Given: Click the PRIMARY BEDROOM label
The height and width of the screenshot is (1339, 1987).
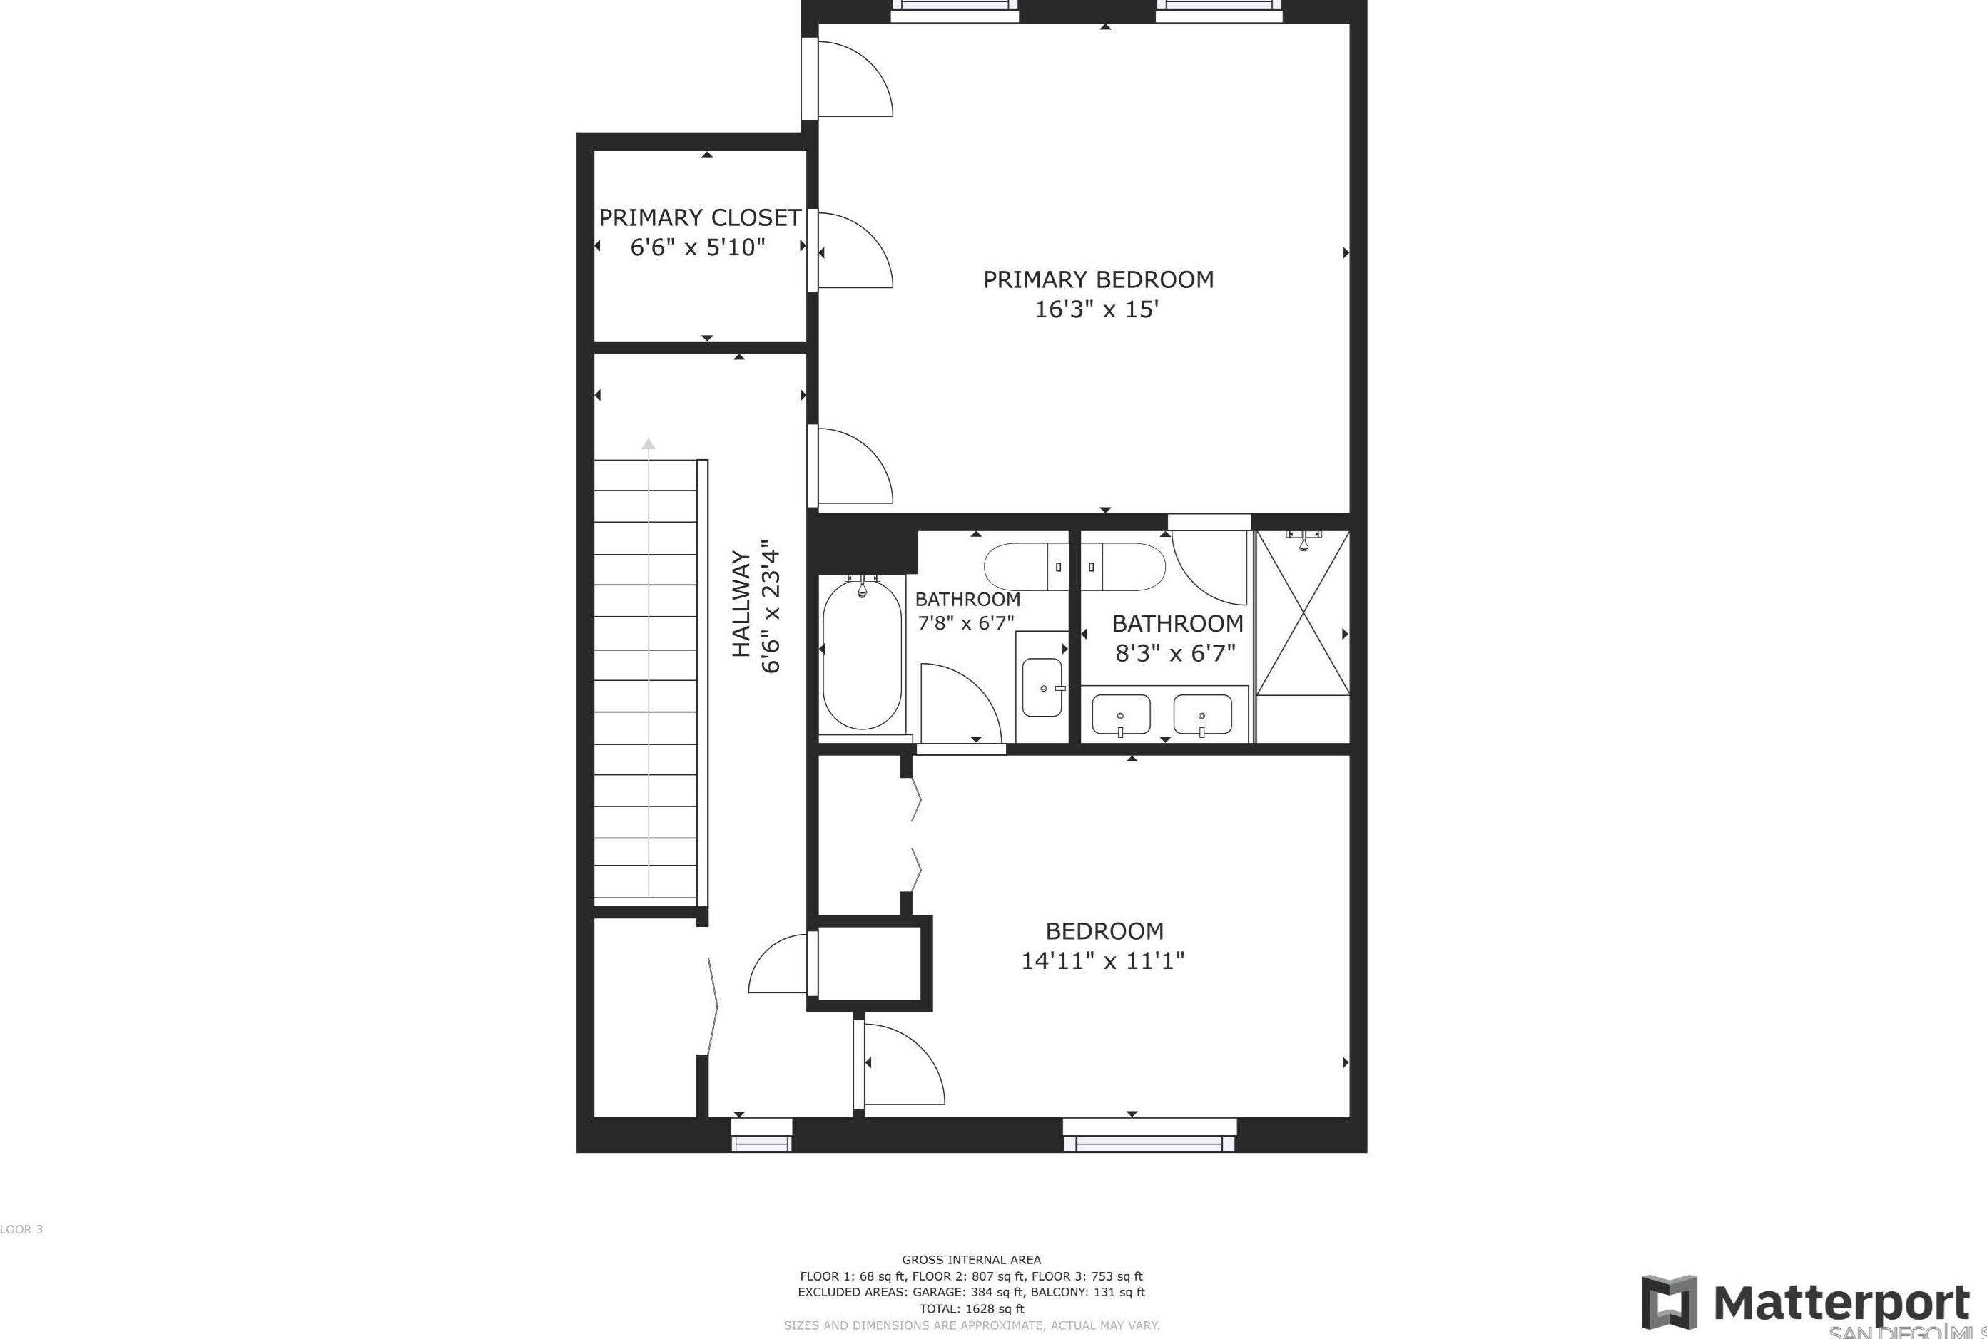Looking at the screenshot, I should point(1098,280).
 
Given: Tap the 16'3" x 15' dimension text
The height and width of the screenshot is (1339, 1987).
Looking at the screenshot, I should point(1096,310).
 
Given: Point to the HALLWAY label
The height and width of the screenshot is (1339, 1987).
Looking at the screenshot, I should point(741,605).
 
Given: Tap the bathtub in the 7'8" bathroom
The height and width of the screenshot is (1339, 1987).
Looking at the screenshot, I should point(861,654).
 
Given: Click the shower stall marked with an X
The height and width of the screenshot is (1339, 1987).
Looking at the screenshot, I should point(1303,613).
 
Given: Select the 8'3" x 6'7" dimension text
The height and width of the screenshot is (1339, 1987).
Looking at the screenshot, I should point(1176,654).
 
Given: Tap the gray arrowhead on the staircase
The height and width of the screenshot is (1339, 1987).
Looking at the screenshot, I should point(649,444).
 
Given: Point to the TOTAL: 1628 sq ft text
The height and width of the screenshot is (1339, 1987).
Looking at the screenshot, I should point(971,1308).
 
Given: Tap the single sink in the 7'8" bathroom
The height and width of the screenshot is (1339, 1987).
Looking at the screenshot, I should point(1042,688).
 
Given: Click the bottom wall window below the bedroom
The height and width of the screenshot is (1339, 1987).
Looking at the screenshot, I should point(1149,1135).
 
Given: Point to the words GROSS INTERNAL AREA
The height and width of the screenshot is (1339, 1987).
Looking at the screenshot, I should point(971,1260).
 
